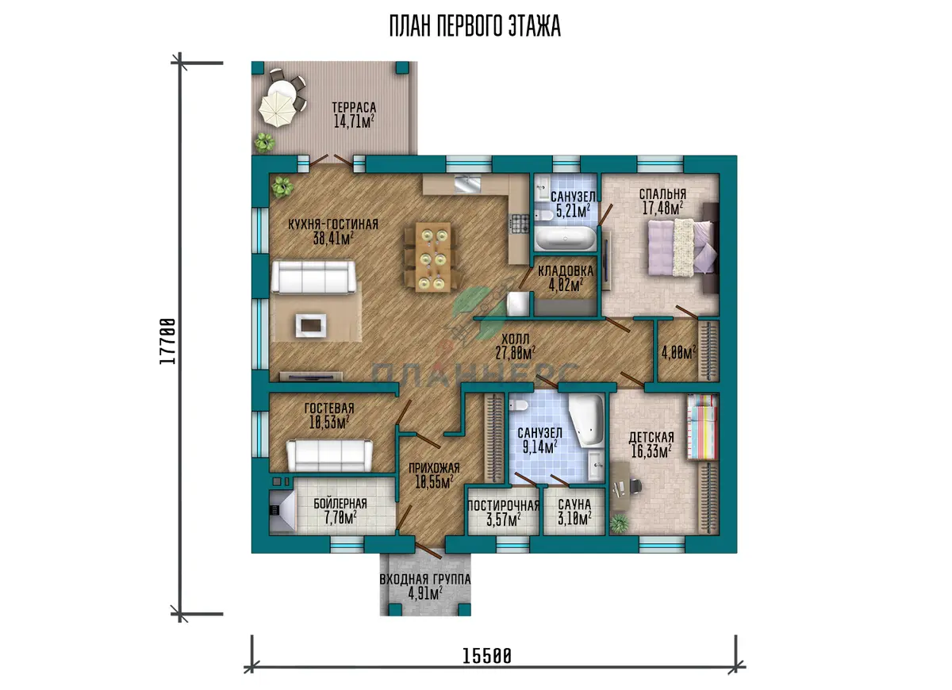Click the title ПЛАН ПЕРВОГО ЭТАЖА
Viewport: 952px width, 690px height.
coord(474,26)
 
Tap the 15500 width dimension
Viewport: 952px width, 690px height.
coord(486,657)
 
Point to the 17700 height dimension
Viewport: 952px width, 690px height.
coord(168,341)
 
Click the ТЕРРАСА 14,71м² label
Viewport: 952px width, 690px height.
coord(354,115)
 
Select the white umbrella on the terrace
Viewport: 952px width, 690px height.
coord(277,110)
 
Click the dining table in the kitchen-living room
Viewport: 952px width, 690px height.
coord(433,257)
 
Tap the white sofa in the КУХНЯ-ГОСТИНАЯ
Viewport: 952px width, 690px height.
coord(313,277)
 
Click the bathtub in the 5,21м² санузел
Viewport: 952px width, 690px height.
coord(565,239)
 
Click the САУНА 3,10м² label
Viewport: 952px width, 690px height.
coord(574,512)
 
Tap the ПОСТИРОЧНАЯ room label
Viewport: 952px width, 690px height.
coord(504,506)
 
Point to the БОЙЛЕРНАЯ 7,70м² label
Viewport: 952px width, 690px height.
coord(340,511)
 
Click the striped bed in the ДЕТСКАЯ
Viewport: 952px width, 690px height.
coord(702,427)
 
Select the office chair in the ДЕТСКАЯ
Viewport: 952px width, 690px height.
coord(635,485)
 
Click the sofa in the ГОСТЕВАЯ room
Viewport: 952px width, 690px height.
coord(330,455)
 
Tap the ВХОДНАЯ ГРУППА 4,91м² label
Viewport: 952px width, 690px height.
coord(425,586)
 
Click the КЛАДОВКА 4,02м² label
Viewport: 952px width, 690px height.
coord(565,278)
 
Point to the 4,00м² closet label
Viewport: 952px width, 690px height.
coord(679,352)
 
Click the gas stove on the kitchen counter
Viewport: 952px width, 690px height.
coord(520,224)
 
